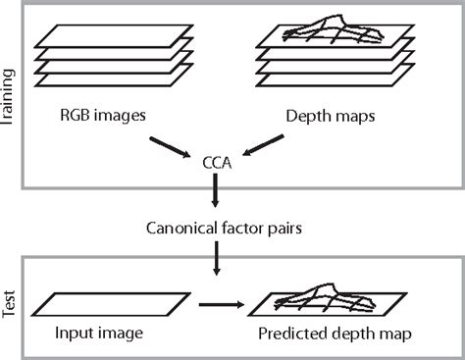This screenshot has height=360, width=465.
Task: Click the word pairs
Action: pyautogui.click(x=281, y=230)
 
